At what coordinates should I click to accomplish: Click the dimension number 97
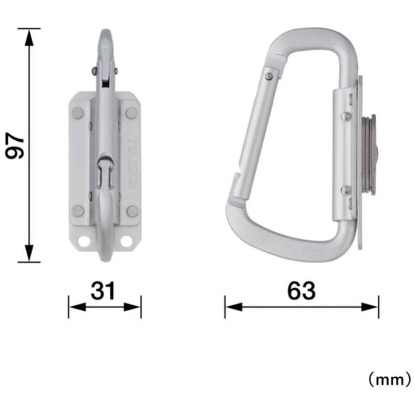pyautogui.click(x=15, y=146)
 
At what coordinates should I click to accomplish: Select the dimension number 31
pyautogui.click(x=103, y=290)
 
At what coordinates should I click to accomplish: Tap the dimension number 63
pyautogui.click(x=302, y=290)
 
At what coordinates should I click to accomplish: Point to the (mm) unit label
pyautogui.click(x=390, y=380)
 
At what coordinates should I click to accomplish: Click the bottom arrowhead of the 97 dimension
pyautogui.click(x=29, y=253)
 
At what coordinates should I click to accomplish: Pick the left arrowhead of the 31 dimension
pyautogui.click(x=77, y=307)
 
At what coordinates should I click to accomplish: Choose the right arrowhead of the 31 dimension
pyautogui.click(x=132, y=307)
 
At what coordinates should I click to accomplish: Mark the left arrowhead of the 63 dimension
pyautogui.click(x=233, y=307)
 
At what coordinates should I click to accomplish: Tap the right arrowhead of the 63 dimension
pyautogui.click(x=370, y=307)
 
